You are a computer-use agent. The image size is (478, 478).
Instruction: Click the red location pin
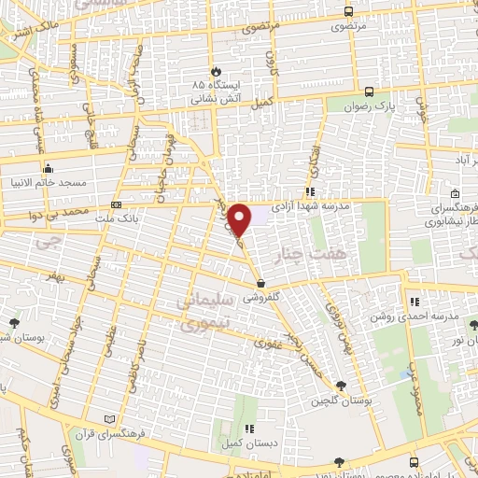click(240, 218)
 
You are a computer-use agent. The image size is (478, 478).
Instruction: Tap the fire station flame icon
click(216, 70)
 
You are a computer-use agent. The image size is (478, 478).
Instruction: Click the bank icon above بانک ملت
click(116, 204)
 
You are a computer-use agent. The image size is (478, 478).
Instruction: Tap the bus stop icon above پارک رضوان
click(370, 91)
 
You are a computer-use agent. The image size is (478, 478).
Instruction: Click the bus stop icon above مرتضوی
click(348, 12)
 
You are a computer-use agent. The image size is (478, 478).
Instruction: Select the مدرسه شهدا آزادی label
click(311, 204)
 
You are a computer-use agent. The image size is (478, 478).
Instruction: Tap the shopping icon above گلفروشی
click(260, 283)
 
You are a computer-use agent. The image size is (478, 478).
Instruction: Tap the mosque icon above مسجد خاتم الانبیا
click(47, 168)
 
